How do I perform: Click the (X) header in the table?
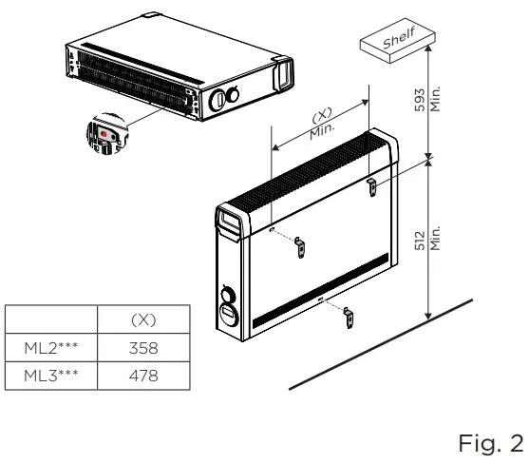pos(142,319)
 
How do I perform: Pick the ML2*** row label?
pos(51,348)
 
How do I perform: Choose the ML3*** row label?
pos(51,377)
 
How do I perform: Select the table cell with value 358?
pos(142,348)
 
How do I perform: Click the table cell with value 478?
pos(142,377)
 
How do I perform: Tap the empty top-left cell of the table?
pos(51,319)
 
